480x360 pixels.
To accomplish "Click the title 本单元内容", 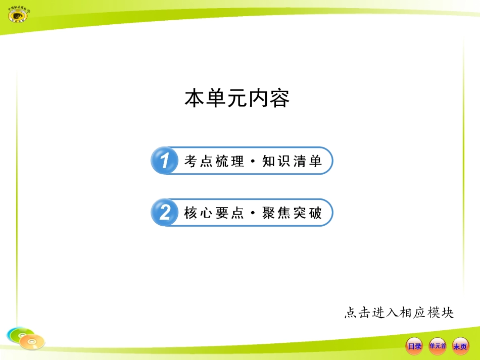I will click(237, 98).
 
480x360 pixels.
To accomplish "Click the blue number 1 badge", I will click(164, 161).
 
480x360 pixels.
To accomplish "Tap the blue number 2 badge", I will click(164, 213).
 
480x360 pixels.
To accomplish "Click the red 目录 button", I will click(414, 346).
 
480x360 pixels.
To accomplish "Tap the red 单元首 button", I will click(438, 346).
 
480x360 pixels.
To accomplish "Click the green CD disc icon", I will click(17, 334).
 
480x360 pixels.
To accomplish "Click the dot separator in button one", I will click(253, 162).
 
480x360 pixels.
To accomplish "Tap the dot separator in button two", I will click(253, 214).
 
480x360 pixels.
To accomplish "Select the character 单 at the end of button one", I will click(316, 162).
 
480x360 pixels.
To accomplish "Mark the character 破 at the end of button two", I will click(316, 214).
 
